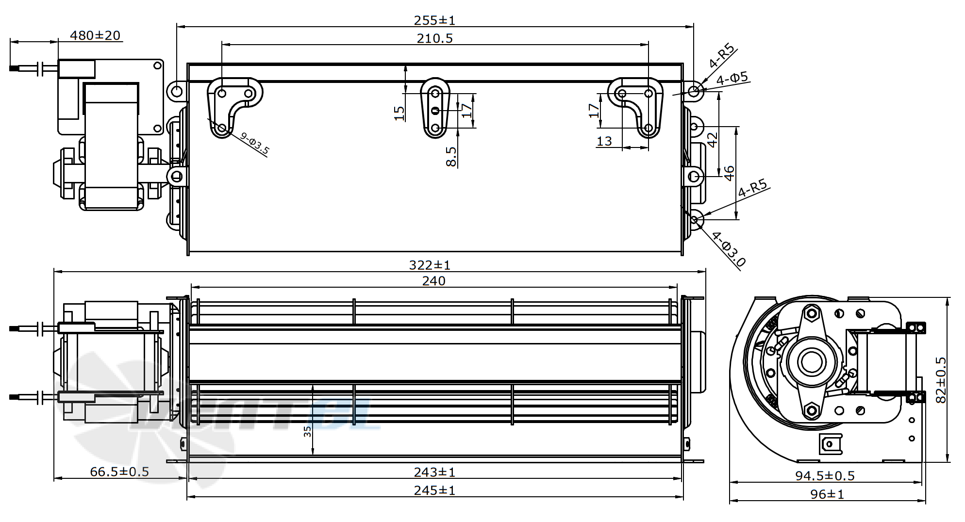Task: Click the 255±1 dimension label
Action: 434,20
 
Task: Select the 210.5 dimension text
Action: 434,38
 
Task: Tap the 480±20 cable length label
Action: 95,35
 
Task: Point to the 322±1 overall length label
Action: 430,265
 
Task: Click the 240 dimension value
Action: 433,281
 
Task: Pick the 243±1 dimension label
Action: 434,472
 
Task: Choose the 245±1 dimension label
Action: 434,490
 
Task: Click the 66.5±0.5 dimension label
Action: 119,472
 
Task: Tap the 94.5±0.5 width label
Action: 825,476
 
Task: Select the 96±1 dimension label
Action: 827,494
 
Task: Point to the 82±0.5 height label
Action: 941,380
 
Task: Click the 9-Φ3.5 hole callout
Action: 254,144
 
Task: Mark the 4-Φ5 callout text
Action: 732,78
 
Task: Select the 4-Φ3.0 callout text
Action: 729,249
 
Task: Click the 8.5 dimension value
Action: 451,157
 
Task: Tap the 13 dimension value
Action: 604,141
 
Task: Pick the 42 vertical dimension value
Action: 712,140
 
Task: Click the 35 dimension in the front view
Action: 308,431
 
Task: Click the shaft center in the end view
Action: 810,361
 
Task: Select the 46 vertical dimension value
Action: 729,173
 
